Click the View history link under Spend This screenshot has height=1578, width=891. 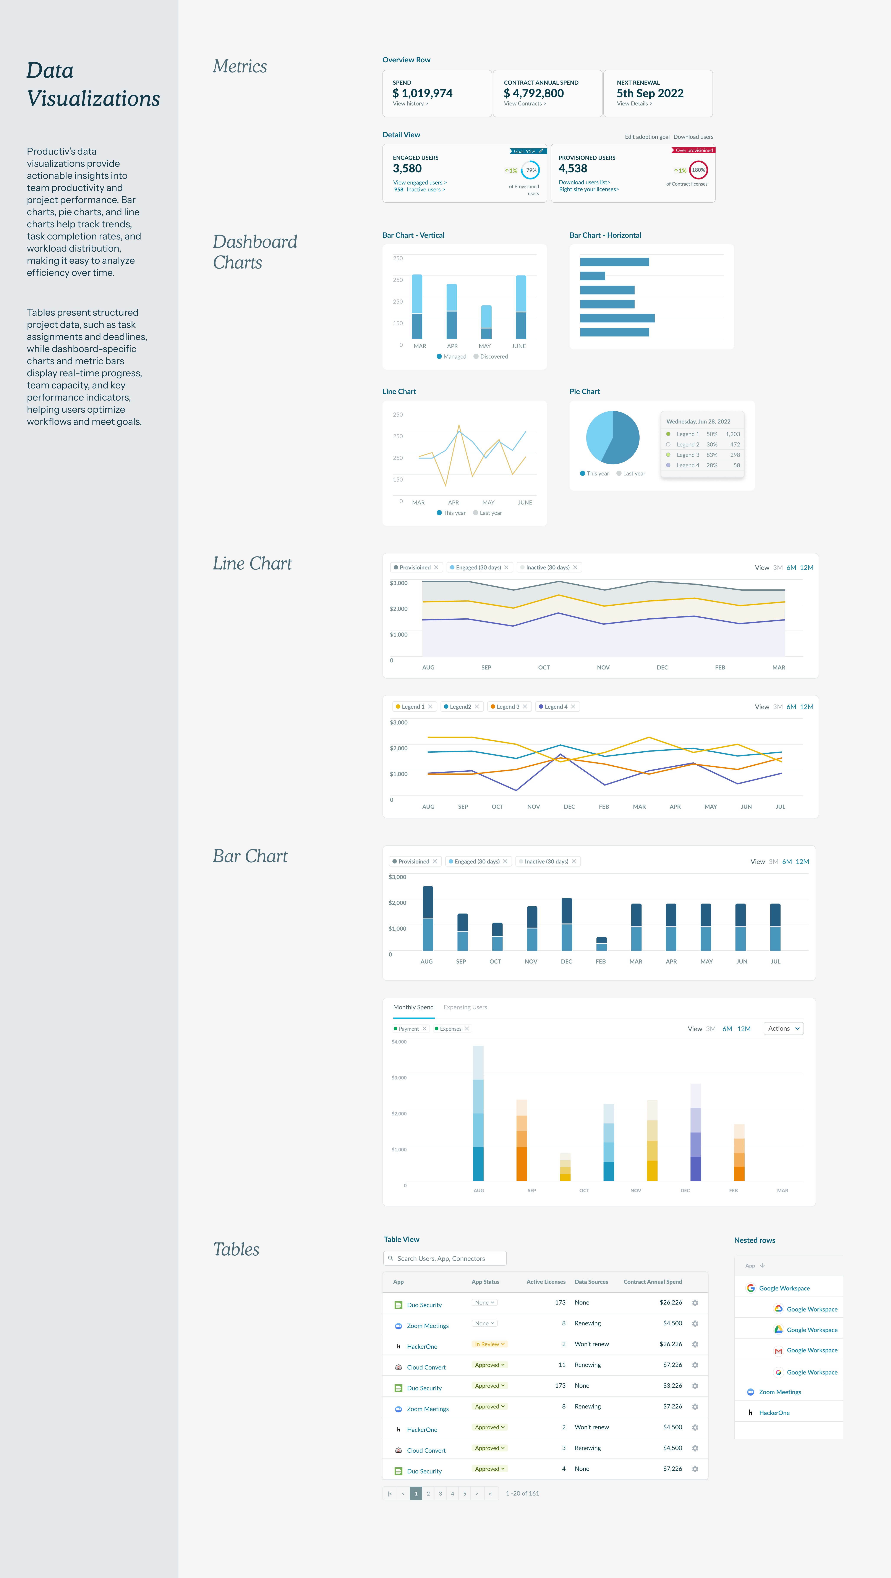(x=410, y=103)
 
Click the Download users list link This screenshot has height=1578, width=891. (x=584, y=182)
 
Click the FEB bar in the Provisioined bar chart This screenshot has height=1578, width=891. (x=601, y=943)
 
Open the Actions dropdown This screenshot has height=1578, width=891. (x=783, y=1028)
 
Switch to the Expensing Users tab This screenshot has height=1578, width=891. (x=465, y=1007)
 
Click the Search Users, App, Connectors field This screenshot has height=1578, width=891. (x=445, y=1258)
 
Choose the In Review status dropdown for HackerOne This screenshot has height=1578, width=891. (x=490, y=1344)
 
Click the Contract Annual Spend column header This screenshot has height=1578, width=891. (x=653, y=1282)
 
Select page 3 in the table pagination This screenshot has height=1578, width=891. (x=440, y=1494)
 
